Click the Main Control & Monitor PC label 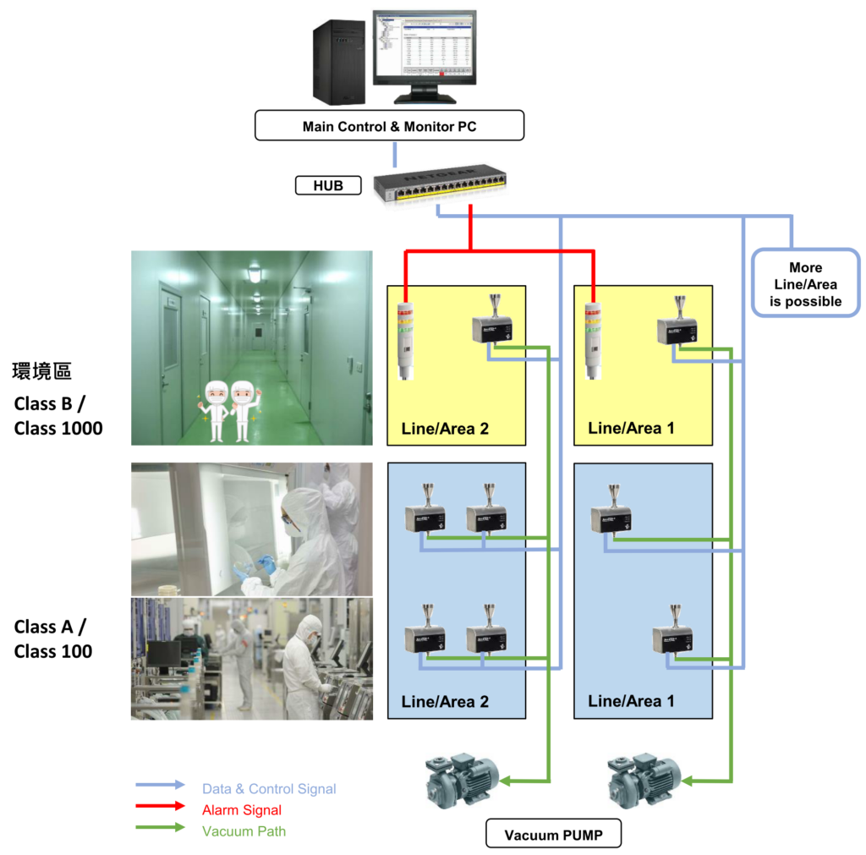pyautogui.click(x=389, y=127)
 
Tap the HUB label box pyautogui.click(x=329, y=185)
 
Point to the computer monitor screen pyautogui.click(x=424, y=44)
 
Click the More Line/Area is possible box pyautogui.click(x=805, y=284)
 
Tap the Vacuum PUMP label pyautogui.click(x=553, y=835)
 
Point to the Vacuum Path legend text pyautogui.click(x=244, y=831)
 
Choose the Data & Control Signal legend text pyautogui.click(x=269, y=789)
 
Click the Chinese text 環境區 pyautogui.click(x=41, y=370)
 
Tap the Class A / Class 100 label pyautogui.click(x=53, y=639)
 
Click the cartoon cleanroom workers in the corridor pyautogui.click(x=229, y=410)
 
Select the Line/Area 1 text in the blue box pyautogui.click(x=631, y=701)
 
